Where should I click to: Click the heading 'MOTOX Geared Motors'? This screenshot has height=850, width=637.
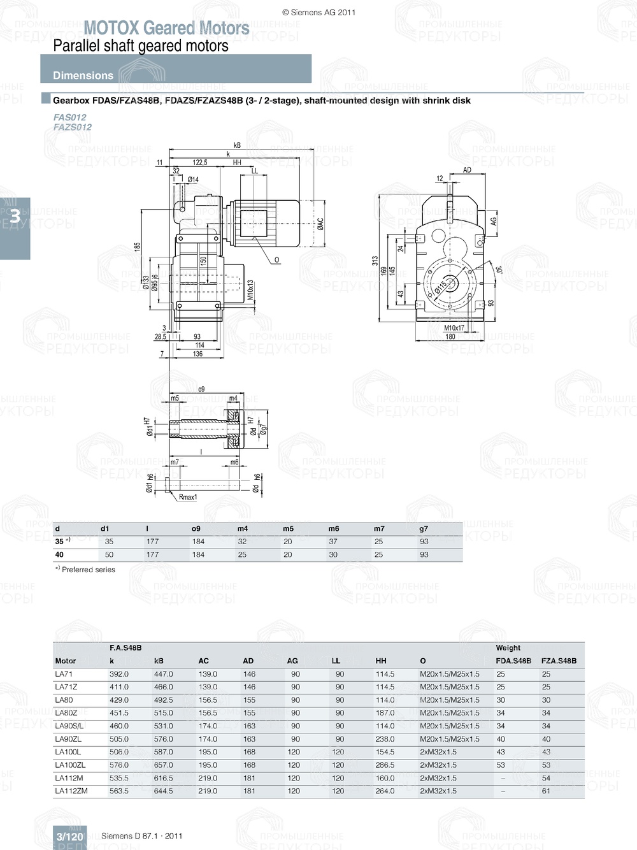(166, 28)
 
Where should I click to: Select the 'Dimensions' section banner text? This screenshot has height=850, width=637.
(83, 75)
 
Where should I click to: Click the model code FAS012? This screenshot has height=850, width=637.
(69, 117)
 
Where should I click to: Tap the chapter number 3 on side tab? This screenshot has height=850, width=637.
(14, 217)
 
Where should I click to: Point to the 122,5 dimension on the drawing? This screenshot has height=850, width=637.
(200, 162)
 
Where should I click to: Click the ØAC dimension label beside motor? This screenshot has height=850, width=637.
(320, 224)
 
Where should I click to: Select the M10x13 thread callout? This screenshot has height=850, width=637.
(250, 289)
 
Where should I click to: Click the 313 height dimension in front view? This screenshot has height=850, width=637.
(375, 261)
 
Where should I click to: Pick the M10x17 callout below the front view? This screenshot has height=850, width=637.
(454, 328)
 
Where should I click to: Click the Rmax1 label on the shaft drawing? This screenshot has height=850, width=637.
(188, 497)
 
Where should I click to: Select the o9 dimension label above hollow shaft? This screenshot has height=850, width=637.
(201, 389)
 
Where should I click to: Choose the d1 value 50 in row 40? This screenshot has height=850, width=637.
(109, 554)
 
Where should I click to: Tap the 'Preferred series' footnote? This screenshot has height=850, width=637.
(88, 570)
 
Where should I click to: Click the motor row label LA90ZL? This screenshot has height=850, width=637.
(68, 739)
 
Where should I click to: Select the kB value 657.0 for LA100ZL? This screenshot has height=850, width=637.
(163, 765)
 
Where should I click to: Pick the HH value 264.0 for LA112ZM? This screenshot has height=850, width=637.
(385, 791)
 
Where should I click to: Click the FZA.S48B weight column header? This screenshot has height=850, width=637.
(559, 661)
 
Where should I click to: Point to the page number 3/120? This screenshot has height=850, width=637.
(69, 837)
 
